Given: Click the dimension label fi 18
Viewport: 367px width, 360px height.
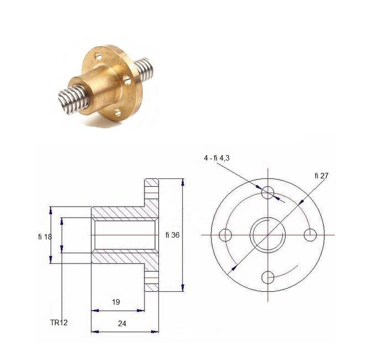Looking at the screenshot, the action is [x=45, y=237].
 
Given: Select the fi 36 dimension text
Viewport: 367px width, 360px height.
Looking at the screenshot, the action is [x=173, y=235].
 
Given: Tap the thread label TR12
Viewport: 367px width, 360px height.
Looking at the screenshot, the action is [x=59, y=322].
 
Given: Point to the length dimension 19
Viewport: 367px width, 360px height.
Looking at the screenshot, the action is [x=116, y=302].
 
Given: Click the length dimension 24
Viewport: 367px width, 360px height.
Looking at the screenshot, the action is [x=122, y=323].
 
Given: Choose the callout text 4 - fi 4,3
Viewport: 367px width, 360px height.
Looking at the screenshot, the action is [x=216, y=158].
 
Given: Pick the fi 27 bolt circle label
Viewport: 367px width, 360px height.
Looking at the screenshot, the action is [x=322, y=176].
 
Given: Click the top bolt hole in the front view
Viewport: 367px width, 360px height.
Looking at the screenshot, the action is [x=267, y=193].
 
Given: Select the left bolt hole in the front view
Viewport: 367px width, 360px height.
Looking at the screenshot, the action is [x=225, y=235].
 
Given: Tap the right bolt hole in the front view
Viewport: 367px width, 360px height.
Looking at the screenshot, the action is [x=310, y=235].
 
